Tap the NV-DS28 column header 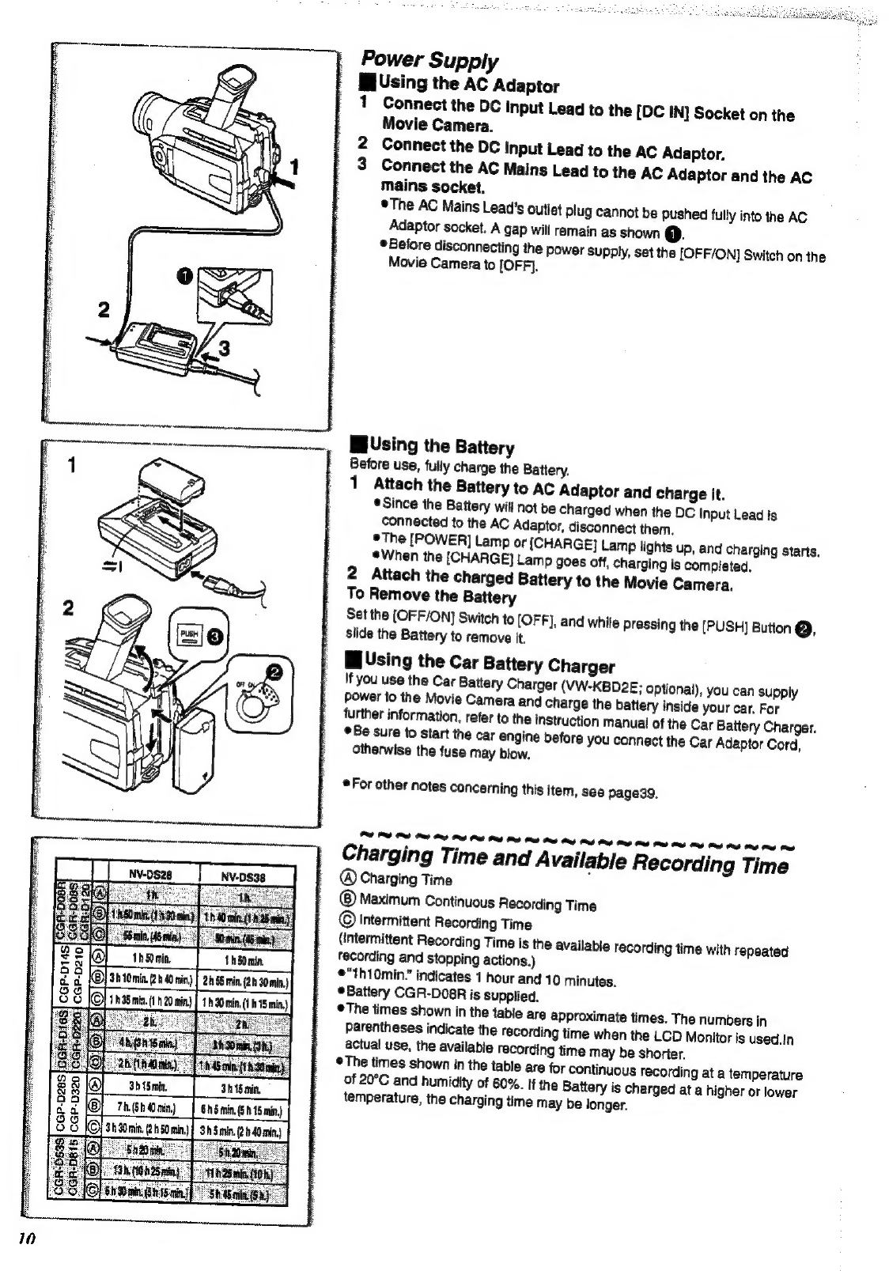click(x=150, y=876)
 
